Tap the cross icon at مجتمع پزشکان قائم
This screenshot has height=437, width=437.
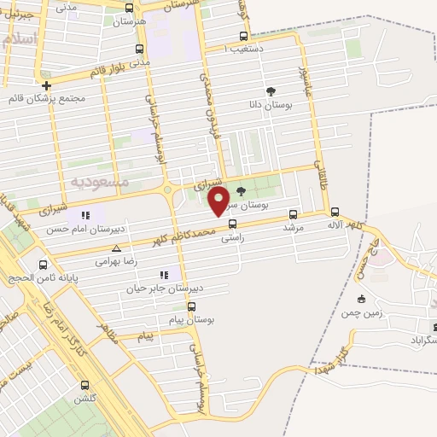tap(46, 85)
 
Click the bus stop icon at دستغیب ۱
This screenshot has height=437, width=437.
tap(244, 37)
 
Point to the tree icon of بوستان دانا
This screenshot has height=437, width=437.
tap(271, 91)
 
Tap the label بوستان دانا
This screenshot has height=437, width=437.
tap(265, 105)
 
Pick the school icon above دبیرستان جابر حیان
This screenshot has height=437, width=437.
tap(163, 275)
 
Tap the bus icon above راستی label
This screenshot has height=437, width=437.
tap(232, 225)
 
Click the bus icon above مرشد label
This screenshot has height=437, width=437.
tap(294, 215)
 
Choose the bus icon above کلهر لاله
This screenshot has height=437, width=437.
tap(335, 212)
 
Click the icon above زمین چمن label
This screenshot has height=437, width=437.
tap(362, 298)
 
